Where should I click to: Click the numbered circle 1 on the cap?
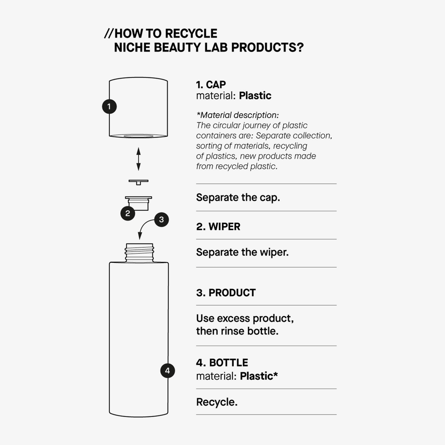[109, 106]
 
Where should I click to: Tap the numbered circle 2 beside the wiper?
[128, 213]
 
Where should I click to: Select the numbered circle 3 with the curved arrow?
[161, 220]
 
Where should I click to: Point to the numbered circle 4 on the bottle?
[167, 370]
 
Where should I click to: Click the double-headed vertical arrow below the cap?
[138, 159]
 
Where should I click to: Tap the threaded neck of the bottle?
[139, 253]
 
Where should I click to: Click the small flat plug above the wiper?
[138, 182]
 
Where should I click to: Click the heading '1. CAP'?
[211, 85]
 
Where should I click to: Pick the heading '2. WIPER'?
[218, 227]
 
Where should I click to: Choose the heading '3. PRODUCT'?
[226, 293]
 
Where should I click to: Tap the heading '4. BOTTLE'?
[222, 362]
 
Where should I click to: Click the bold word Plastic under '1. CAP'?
[255, 96]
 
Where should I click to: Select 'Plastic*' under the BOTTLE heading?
[259, 376]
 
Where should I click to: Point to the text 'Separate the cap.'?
[238, 197]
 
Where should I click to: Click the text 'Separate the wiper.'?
[242, 252]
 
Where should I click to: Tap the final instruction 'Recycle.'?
[217, 402]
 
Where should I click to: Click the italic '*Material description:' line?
[237, 115]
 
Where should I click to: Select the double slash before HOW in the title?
[109, 33]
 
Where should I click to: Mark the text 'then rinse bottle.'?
[237, 331]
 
